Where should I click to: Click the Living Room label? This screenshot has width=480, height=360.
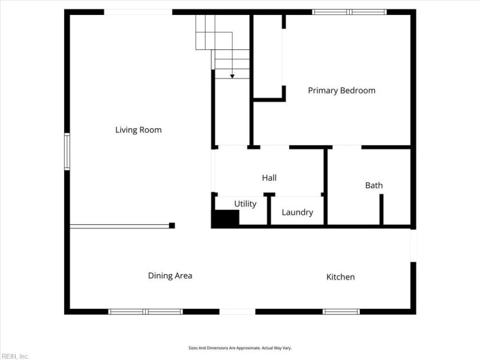[139, 130]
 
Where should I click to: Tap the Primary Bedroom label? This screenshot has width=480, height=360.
[341, 91]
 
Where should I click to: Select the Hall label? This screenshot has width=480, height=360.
[269, 178]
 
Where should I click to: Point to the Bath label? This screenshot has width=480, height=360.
[374, 185]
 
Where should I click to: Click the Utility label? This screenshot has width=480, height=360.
[245, 204]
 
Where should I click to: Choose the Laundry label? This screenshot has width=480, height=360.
[297, 212]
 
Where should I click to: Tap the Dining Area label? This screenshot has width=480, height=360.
[170, 276]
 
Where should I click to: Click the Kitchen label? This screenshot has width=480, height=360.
[340, 277]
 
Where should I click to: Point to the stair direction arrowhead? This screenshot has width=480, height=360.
[232, 76]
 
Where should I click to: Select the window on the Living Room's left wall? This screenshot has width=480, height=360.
[67, 152]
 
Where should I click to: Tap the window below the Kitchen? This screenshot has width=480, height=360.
[341, 311]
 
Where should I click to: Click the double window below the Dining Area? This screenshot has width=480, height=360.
[145, 311]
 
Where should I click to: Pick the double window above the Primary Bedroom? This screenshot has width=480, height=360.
[349, 12]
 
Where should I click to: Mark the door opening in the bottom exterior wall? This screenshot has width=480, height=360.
[237, 311]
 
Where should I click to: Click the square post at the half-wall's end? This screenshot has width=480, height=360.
[172, 226]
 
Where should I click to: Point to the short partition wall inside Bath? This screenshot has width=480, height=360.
[382, 209]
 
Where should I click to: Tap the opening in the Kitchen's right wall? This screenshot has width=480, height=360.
[413, 245]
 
